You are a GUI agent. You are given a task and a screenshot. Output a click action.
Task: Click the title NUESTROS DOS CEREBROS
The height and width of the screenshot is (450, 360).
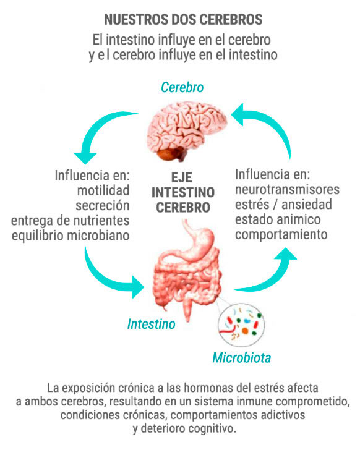pyautogui.click(x=183, y=19)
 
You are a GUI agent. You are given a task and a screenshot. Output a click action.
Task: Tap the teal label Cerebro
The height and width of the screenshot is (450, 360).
pyautogui.click(x=182, y=87)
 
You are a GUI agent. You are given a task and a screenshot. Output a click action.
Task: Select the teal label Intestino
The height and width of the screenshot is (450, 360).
pyautogui.click(x=152, y=324)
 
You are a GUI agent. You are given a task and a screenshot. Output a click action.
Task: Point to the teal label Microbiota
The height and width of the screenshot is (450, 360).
pyautogui.click(x=242, y=357)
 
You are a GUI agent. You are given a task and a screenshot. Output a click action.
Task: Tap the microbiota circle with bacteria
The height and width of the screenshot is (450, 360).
pyautogui.click(x=241, y=325)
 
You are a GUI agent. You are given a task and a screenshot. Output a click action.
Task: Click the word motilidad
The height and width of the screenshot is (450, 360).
pyautogui.click(x=103, y=190)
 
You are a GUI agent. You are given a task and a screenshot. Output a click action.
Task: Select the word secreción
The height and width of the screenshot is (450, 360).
pyautogui.click(x=103, y=205)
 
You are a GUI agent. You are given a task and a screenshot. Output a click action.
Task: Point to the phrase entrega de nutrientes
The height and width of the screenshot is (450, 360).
pyautogui.click(x=71, y=221)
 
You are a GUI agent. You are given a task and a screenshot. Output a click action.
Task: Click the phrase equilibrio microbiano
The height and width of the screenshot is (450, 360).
pyautogui.click(x=71, y=236)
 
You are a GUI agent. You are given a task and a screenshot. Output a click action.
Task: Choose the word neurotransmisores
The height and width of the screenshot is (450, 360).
pyautogui.click(x=288, y=189)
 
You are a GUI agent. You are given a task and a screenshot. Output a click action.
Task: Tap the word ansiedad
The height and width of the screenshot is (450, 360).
pyautogui.click(x=307, y=205)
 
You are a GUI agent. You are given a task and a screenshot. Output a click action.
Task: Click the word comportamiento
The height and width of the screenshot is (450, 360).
pyautogui.click(x=281, y=234)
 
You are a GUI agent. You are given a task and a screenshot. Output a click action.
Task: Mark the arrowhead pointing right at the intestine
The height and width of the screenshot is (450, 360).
pyautogui.click(x=138, y=287)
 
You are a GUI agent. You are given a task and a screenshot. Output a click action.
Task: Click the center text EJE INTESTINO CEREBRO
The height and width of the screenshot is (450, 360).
pyautogui.click(x=183, y=192)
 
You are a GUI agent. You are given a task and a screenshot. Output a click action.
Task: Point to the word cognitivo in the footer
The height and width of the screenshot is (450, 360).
pyautogui.click(x=212, y=428)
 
